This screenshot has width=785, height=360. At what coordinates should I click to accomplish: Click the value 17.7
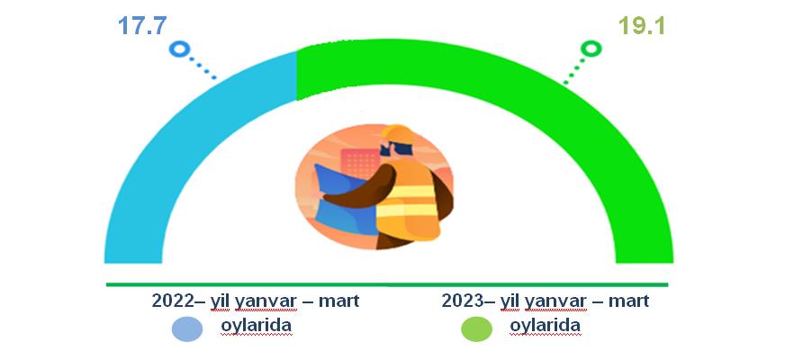point(142,25)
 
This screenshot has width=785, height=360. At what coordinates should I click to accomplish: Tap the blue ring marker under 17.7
point(179,49)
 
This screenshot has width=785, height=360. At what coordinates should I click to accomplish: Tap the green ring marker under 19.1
point(591,49)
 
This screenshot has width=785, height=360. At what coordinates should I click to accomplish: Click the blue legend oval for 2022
point(187,329)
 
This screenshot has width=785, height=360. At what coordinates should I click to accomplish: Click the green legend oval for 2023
point(476,329)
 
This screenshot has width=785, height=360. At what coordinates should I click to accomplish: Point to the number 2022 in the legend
point(172,301)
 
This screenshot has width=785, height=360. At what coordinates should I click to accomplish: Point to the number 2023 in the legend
point(462,301)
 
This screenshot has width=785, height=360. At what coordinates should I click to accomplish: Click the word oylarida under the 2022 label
point(257,326)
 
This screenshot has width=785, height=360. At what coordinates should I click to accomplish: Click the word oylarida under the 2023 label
point(546,326)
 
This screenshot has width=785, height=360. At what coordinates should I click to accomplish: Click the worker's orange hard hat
point(398,133)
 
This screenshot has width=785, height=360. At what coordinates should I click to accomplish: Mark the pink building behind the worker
point(360,163)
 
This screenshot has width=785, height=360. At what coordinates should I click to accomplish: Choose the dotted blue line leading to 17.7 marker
point(203,67)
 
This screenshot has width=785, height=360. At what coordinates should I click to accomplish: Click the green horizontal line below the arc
point(387,285)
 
